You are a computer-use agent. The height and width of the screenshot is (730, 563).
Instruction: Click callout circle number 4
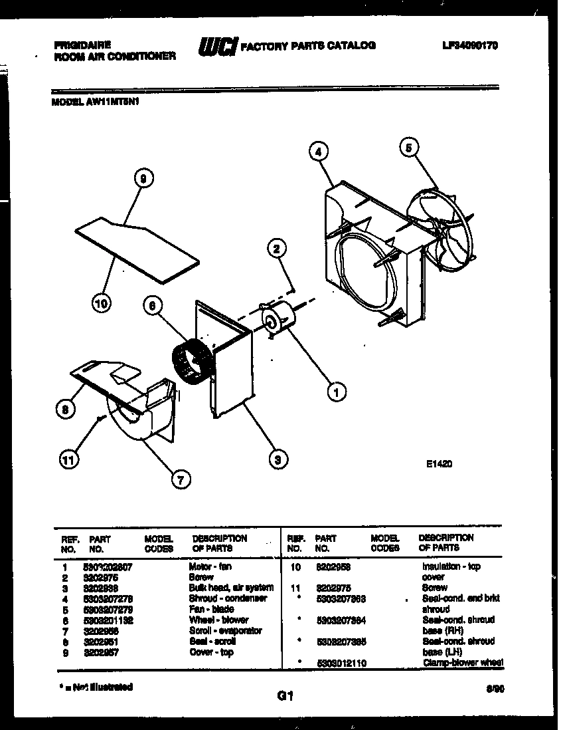(x=319, y=152)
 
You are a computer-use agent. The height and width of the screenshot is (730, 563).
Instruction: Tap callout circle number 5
(x=410, y=147)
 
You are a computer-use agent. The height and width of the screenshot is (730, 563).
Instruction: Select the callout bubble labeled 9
(x=143, y=178)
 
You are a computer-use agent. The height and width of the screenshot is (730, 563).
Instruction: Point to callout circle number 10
(x=101, y=304)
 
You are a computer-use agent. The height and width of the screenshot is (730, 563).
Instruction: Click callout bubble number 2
(x=276, y=249)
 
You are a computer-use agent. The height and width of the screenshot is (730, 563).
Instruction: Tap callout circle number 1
(x=336, y=392)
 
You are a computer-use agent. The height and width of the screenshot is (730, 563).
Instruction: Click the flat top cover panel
(x=136, y=246)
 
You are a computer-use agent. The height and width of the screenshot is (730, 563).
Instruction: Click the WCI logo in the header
(x=216, y=47)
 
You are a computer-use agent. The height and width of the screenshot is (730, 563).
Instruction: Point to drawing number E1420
(x=439, y=466)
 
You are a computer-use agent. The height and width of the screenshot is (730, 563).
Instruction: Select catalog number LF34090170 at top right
(x=469, y=45)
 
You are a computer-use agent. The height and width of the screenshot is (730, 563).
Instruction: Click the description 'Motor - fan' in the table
(x=210, y=566)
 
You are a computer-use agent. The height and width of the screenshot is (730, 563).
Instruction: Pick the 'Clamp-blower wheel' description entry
(x=462, y=662)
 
